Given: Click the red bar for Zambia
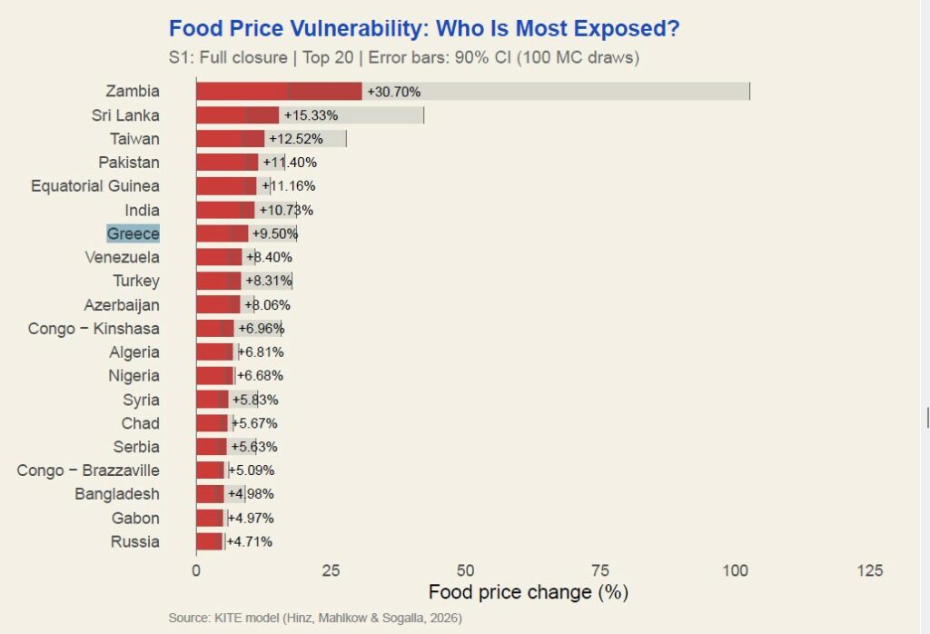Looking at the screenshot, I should pos(279,91).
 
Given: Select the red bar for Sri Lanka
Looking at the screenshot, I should pos(238,115).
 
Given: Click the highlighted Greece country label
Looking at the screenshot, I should pos(134,233).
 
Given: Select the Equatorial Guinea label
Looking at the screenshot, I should pos(95,186).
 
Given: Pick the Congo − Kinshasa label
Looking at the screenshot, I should pos(94,328).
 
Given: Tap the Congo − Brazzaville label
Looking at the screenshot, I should pos(88,470).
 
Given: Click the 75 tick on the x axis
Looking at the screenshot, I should pos(600,570).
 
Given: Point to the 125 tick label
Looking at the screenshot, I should pos(869,570).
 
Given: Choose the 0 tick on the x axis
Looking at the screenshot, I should pos(196,570).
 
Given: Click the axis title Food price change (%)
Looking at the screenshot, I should pos(529,592).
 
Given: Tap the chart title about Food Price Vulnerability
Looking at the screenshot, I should pos(424,29).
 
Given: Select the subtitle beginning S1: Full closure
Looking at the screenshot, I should pos(404,57).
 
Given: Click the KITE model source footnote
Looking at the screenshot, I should pos(315,619).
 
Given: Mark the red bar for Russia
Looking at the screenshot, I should pos(210,541).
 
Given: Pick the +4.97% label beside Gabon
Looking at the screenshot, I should pos(251,518).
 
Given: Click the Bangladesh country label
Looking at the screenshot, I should pos(117,493).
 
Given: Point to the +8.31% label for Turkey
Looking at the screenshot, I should pos(268,281).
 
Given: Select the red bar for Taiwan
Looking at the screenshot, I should pos(231,139).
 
